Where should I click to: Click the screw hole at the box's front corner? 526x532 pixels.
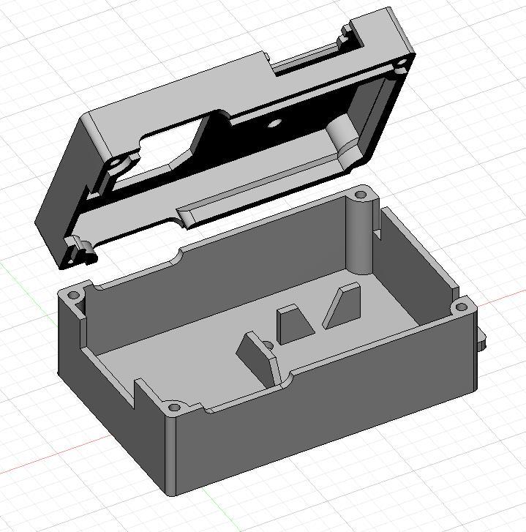pos(174,407)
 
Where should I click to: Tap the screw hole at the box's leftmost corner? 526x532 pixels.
pos(72,296)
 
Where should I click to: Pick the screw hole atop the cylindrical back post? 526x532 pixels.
pos(361,195)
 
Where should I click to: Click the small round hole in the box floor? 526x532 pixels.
pos(268,345)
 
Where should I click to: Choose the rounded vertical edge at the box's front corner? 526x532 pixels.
pos(170,454)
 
